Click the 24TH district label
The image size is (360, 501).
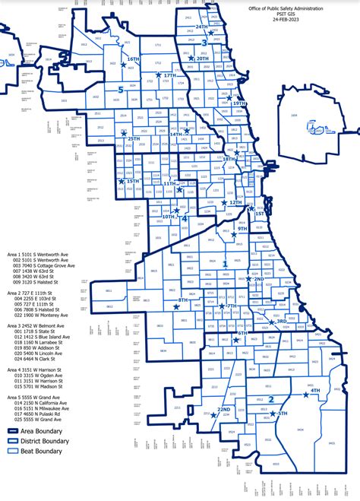click(201, 27)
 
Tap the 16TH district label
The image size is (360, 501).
click(134, 59)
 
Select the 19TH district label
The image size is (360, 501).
click(238, 103)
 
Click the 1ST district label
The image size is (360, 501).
click(260, 214)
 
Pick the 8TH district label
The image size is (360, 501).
click(183, 301)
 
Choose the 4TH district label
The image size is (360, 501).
click(315, 391)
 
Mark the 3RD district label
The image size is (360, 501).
click(281, 321)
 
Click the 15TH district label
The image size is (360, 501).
click(133, 182)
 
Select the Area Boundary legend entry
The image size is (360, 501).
click(41, 430)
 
